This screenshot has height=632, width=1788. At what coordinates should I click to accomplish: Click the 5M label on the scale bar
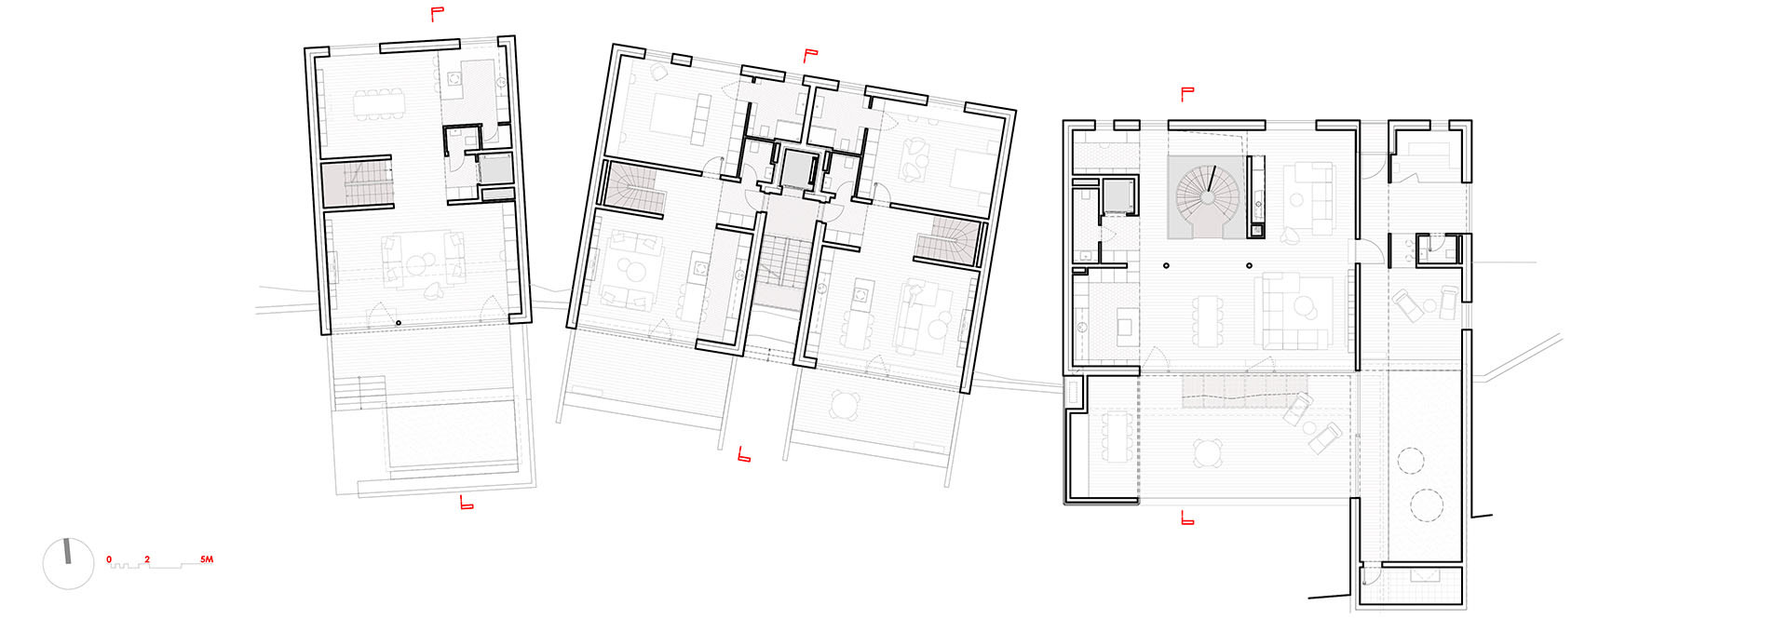tap(207, 559)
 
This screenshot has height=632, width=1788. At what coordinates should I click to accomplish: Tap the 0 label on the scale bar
tap(109, 559)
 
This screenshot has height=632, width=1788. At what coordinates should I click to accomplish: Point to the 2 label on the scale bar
tap(146, 559)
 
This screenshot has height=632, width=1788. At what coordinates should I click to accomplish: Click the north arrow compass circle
tap(69, 564)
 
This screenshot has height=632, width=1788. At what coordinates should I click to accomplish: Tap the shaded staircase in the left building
tap(357, 184)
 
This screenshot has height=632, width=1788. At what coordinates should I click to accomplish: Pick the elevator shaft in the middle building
tap(797, 169)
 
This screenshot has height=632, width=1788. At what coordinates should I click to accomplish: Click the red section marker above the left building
tap(436, 13)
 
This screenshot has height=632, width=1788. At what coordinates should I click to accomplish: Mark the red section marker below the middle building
tap(744, 454)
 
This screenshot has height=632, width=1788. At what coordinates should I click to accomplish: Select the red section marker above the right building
tap(1187, 93)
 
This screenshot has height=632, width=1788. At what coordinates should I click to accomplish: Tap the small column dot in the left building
tap(399, 323)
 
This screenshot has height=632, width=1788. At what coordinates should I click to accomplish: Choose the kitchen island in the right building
tap(1124, 326)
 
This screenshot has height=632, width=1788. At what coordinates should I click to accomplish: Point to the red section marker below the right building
tap(1187, 518)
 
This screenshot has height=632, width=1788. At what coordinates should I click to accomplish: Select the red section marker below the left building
tap(467, 503)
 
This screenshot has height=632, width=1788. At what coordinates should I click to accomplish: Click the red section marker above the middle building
tap(810, 55)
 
